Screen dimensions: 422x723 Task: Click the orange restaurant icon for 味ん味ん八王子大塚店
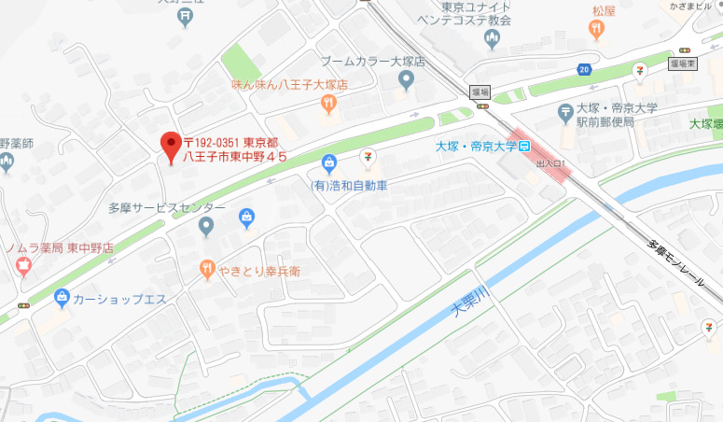pyautogui.click(x=327, y=105)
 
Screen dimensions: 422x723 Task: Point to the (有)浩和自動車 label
pyautogui.click(x=349, y=185)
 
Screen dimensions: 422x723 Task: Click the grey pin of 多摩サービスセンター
pyautogui.click(x=207, y=226)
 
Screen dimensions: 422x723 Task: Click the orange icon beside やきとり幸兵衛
pyautogui.click(x=208, y=271)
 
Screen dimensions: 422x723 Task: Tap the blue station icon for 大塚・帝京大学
pyautogui.click(x=525, y=147)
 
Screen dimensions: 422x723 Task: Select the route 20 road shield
pyautogui.click(x=583, y=69)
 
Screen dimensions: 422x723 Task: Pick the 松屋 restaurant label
pyautogui.click(x=604, y=11)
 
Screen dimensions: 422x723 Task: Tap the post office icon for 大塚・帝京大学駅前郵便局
pyautogui.click(x=565, y=113)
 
